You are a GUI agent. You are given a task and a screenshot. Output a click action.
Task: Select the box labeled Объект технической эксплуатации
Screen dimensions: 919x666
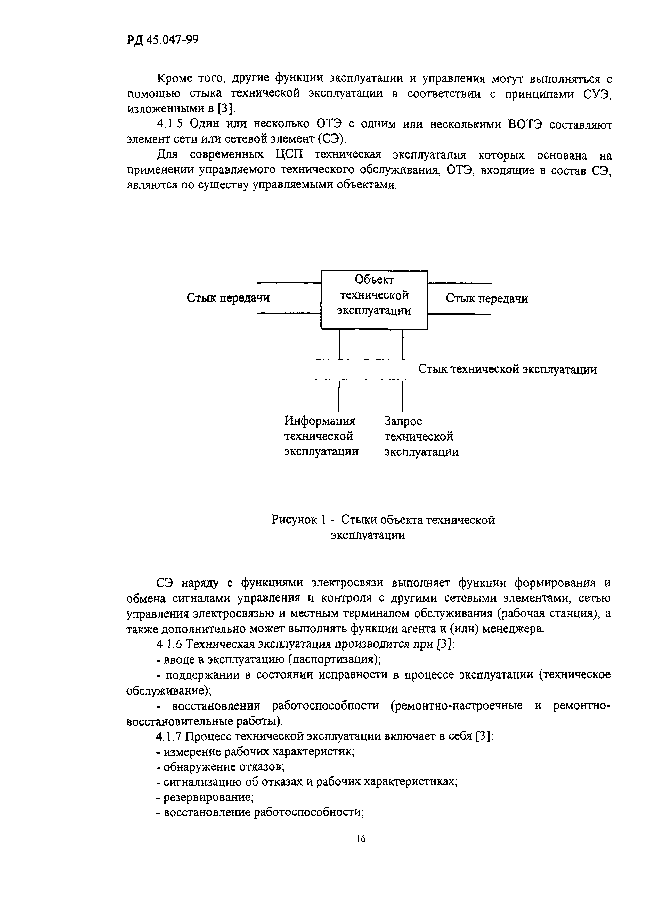[x=374, y=300]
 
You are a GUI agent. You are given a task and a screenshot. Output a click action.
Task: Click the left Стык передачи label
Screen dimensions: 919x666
[x=228, y=298]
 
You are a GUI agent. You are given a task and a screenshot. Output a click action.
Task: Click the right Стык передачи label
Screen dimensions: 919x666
[x=487, y=299]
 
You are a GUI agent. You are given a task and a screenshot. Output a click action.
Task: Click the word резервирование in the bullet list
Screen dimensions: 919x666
[x=208, y=797]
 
